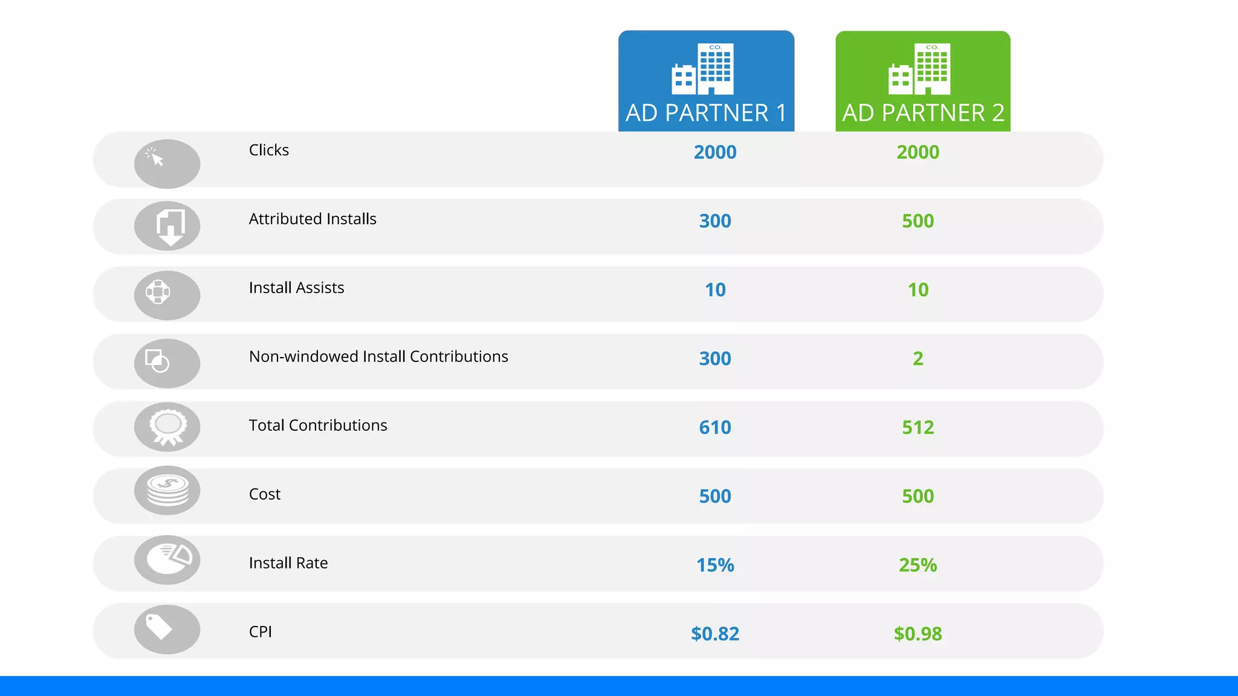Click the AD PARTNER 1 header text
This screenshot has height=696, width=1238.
click(x=706, y=113)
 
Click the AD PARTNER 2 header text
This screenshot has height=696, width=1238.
click(x=923, y=113)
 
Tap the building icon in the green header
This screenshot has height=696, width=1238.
click(x=919, y=69)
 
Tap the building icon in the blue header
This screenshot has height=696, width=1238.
click(x=702, y=69)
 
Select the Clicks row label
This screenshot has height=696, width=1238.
click(x=269, y=150)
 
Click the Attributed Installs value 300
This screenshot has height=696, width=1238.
click(x=715, y=221)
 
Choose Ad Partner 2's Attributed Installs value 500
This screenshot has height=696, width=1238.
click(x=918, y=221)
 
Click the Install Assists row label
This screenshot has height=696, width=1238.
click(x=296, y=288)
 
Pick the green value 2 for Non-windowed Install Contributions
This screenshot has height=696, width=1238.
click(x=918, y=359)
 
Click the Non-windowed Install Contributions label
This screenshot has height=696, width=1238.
click(x=378, y=356)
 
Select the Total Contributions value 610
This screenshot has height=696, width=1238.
click(x=715, y=428)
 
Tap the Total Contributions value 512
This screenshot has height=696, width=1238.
click(x=918, y=428)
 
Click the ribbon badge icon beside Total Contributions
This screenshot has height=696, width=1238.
click(x=167, y=427)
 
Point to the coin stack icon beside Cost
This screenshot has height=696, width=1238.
click(x=167, y=490)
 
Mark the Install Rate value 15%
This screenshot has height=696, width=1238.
click(x=715, y=565)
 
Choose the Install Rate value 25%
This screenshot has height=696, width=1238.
click(x=918, y=565)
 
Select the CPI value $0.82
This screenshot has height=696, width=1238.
click(x=715, y=634)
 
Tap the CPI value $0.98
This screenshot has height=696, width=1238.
click(x=918, y=634)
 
